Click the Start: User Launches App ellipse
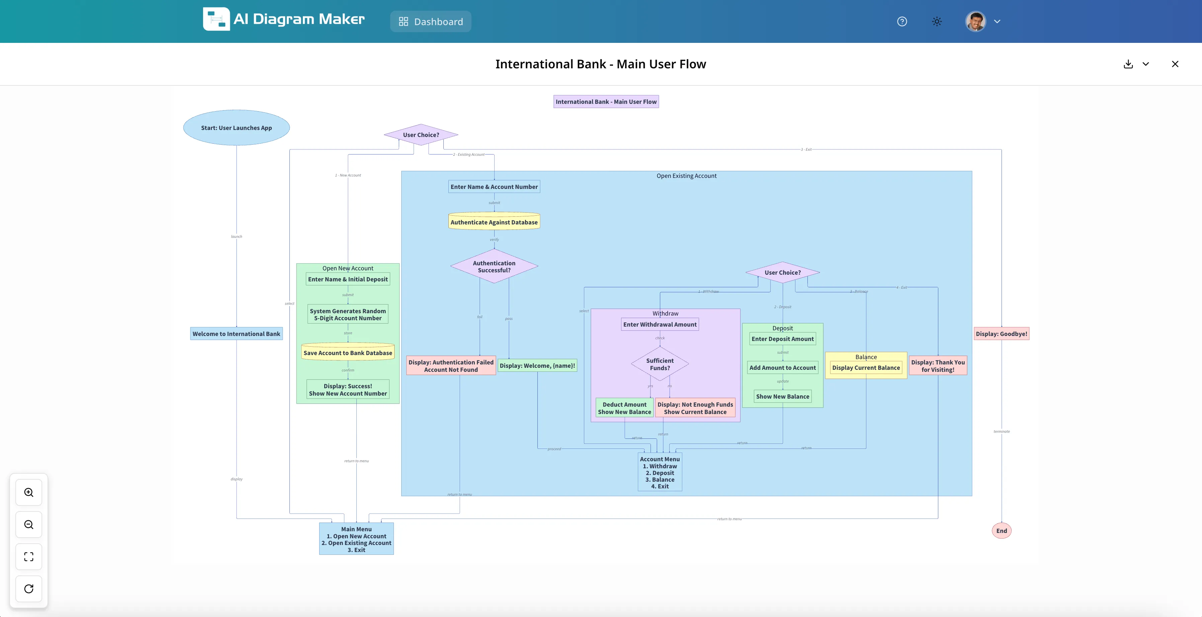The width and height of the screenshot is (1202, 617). [236, 128]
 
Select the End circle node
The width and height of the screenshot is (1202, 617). [1001, 531]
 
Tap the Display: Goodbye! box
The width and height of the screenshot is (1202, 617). [1001, 334]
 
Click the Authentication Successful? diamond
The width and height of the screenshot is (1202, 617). [494, 266]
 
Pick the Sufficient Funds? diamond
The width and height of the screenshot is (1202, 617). [660, 364]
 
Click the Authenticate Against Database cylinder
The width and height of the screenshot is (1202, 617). [494, 222]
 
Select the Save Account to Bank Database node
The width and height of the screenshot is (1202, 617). [348, 353]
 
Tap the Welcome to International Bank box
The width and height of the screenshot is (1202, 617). [236, 334]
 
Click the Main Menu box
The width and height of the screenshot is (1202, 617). [356, 539]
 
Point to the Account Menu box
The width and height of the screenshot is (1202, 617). [660, 472]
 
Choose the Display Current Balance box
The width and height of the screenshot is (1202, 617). [866, 367]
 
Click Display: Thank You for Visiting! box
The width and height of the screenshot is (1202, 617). [938, 366]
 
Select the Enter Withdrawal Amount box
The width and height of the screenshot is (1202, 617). [660, 324]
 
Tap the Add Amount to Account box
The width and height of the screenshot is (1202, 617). [782, 367]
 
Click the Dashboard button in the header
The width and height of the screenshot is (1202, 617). [431, 21]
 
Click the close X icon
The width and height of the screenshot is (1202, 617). [1175, 64]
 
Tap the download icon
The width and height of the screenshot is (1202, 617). [1128, 64]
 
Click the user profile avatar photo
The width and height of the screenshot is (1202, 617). [975, 21]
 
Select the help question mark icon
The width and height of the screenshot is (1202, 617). [902, 21]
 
